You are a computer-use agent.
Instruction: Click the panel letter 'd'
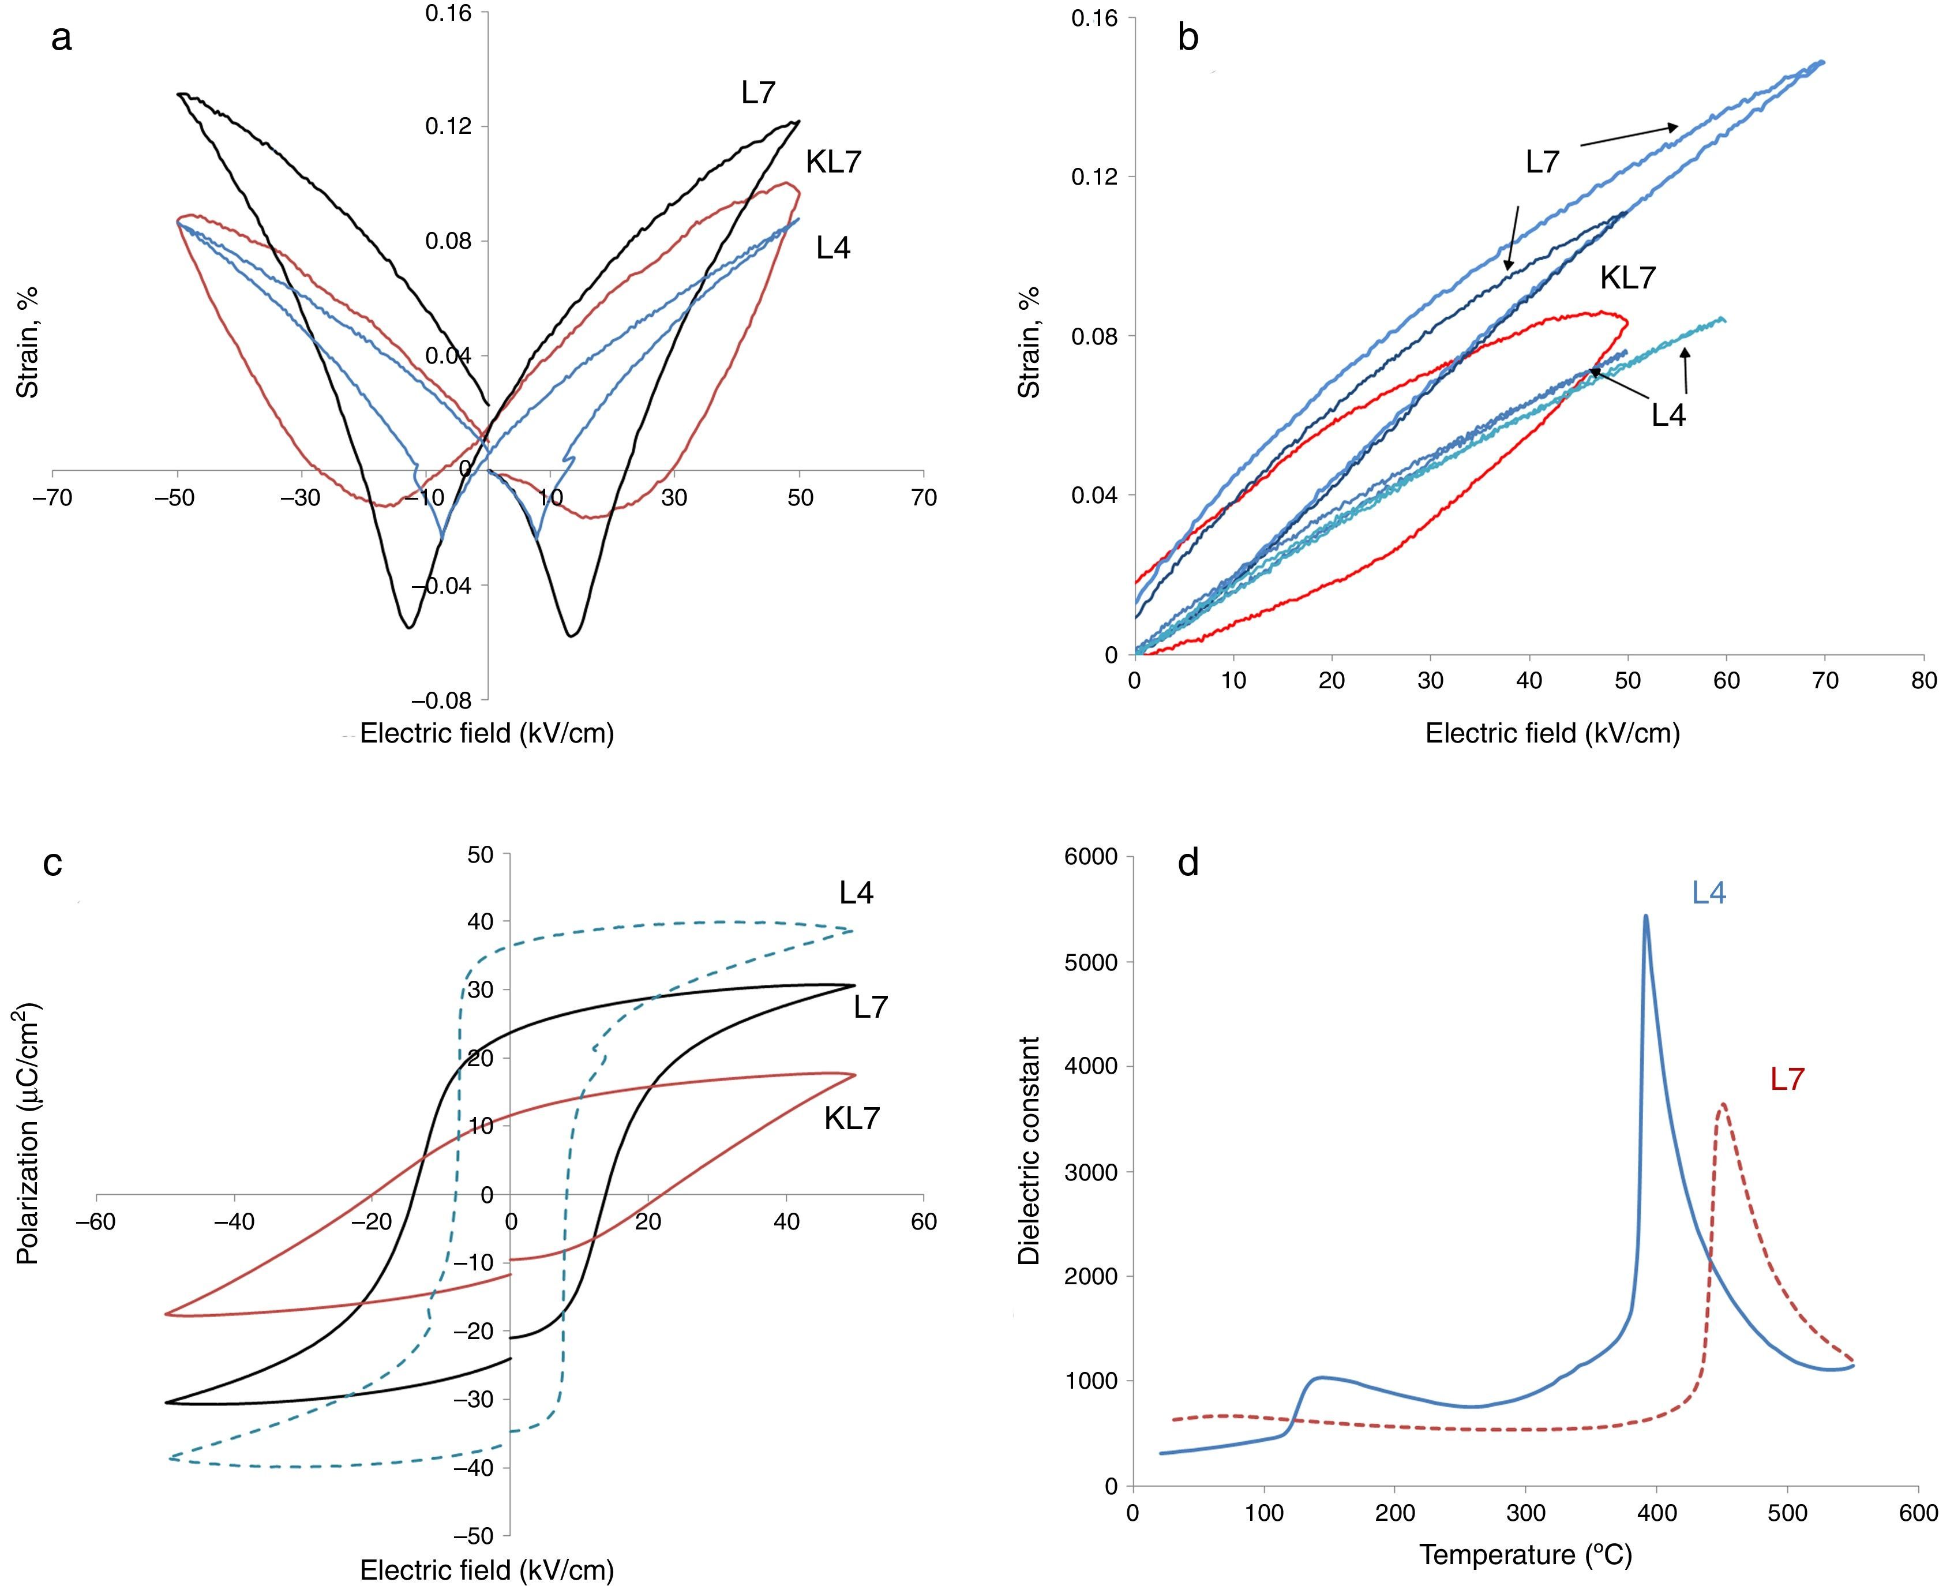pyautogui.click(x=1188, y=861)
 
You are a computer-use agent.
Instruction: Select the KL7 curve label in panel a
pyautogui.click(x=833, y=163)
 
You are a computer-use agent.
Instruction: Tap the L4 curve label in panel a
pyautogui.click(x=833, y=248)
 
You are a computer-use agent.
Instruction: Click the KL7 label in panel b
pyautogui.click(x=1627, y=278)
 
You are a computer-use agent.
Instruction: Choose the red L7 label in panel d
pyautogui.click(x=1787, y=1080)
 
